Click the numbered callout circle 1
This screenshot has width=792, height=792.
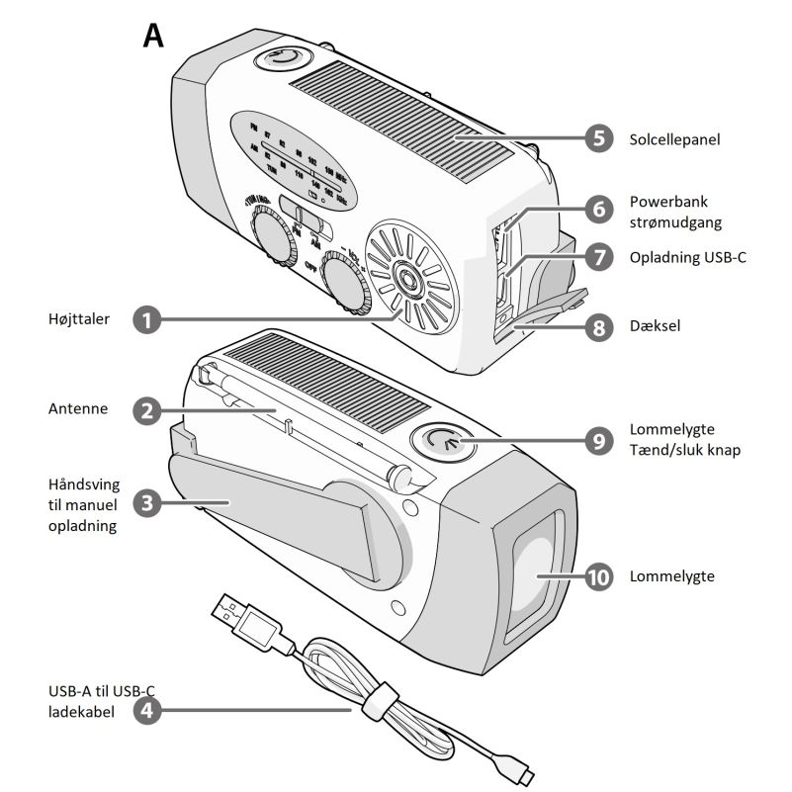pyautogui.click(x=146, y=319)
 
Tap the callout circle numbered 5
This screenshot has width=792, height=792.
pyautogui.click(x=596, y=138)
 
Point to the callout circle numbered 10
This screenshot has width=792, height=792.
pyautogui.click(x=596, y=576)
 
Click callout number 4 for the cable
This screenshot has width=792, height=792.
pyautogui.click(x=146, y=709)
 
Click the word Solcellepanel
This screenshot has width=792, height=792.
pyautogui.click(x=674, y=139)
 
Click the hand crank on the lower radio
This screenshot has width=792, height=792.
pyautogui.click(x=287, y=514)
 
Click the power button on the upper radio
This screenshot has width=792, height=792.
pyautogui.click(x=282, y=59)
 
